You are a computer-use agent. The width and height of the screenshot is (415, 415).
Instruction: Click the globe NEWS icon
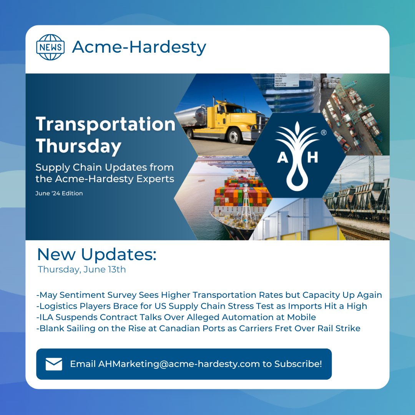[x=50, y=47]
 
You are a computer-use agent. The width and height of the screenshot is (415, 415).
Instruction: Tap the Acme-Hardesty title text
[x=139, y=47]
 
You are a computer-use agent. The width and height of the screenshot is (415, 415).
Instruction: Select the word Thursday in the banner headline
[x=78, y=146]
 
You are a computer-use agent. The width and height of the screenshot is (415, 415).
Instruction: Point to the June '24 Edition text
[x=59, y=193]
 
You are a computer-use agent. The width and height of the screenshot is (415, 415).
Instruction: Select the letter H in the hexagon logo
[x=313, y=158]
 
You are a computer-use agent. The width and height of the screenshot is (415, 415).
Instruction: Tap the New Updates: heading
[x=96, y=255]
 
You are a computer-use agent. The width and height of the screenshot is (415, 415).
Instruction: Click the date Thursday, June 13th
[x=82, y=269]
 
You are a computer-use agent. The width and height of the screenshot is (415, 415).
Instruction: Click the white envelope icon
[x=54, y=364]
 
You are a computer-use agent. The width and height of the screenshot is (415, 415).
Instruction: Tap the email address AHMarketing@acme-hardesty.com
[x=179, y=364]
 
